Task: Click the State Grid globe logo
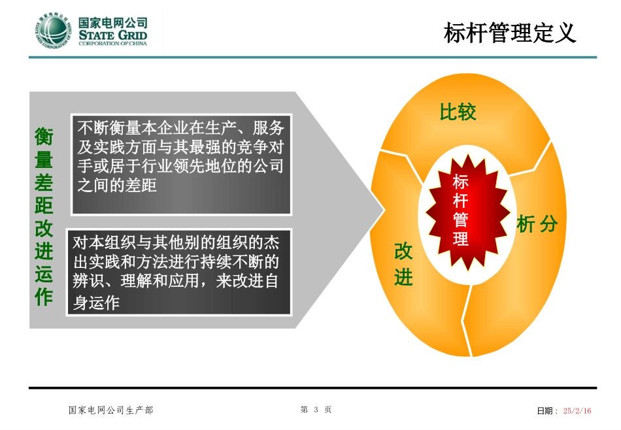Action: (53, 31)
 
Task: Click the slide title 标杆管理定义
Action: (510, 33)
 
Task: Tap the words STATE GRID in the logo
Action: (112, 35)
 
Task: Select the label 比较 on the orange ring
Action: (458, 113)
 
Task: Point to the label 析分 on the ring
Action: (537, 225)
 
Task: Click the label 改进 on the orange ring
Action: (403, 265)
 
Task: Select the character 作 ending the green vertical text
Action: (44, 298)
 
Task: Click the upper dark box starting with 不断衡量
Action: (181, 163)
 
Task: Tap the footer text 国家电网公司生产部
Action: (111, 410)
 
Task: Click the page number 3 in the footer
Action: (316, 410)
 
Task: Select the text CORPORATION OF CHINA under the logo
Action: (112, 44)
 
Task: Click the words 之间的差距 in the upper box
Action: (117, 186)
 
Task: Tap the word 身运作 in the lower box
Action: (97, 303)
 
